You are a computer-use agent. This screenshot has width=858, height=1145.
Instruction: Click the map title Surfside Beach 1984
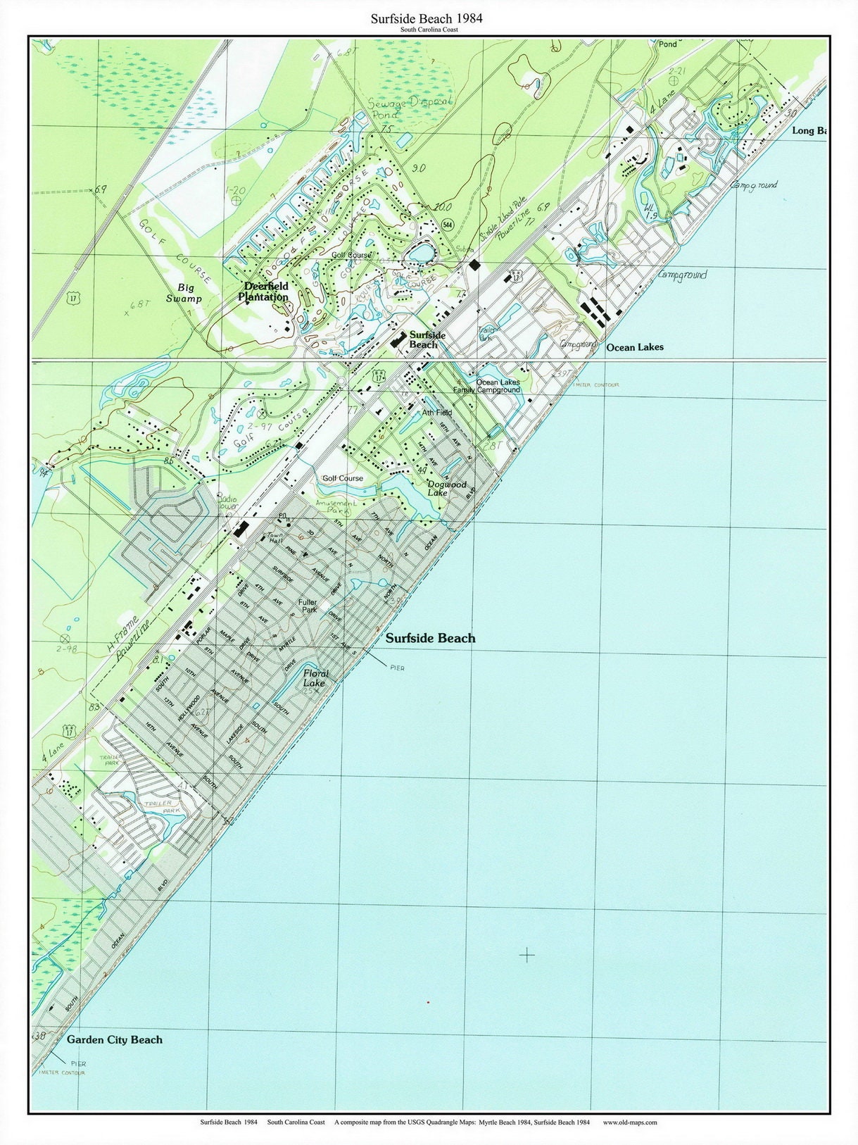tap(427, 18)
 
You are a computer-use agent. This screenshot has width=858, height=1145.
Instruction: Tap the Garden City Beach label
tap(114, 1039)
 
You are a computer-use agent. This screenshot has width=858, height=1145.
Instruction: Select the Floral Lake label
tap(315, 678)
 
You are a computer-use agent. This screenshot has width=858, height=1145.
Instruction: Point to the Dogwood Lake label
tap(447, 489)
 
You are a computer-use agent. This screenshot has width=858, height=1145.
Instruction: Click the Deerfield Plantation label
tap(266, 292)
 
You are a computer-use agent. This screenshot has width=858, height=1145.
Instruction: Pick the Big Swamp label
tap(184, 293)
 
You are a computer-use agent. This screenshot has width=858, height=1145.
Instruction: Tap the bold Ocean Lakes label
tap(634, 347)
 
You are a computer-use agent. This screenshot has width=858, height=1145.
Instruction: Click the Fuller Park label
tap(308, 606)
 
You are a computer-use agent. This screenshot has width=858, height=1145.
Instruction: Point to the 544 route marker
tap(447, 225)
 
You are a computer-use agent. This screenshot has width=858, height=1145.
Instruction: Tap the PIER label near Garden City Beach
tap(77, 1063)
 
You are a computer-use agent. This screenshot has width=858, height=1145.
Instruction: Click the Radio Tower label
tap(227, 503)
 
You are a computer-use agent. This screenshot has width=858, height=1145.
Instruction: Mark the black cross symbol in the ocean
tap(526, 955)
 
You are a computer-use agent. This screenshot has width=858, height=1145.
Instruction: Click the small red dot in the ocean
tap(427, 1001)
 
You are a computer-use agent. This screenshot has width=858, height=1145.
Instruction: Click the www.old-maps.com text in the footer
tap(630, 1122)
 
